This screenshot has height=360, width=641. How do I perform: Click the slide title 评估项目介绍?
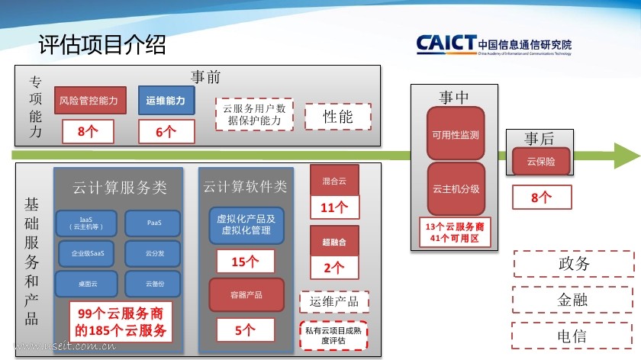click(x=101, y=45)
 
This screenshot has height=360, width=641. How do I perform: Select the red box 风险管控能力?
click(x=89, y=101)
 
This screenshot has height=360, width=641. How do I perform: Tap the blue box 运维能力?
click(x=166, y=101)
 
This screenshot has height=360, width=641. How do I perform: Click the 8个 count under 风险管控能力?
click(x=88, y=131)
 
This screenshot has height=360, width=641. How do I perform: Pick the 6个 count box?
click(x=166, y=131)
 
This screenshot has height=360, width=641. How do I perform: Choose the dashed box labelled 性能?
click(x=337, y=117)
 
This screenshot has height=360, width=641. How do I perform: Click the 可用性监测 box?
click(x=456, y=135)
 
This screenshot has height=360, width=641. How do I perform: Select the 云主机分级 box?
click(x=456, y=188)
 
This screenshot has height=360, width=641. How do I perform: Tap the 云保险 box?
click(x=540, y=162)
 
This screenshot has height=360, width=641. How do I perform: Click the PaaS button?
click(x=153, y=223)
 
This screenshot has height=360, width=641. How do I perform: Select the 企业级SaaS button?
click(x=87, y=253)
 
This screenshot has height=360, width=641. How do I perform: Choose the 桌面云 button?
click(x=87, y=284)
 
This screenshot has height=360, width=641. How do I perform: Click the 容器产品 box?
click(x=246, y=294)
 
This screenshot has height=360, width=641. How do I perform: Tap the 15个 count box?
click(x=246, y=262)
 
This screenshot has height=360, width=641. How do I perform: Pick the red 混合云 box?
click(x=333, y=181)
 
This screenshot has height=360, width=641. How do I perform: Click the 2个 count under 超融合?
click(x=333, y=268)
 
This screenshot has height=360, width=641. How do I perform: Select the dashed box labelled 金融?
click(x=572, y=300)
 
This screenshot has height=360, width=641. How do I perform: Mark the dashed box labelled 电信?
click(x=572, y=335)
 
